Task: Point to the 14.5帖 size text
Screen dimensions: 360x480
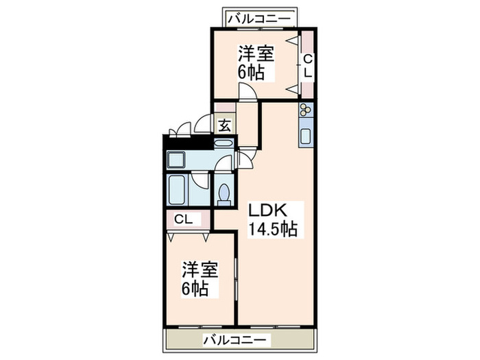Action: click(x=272, y=230)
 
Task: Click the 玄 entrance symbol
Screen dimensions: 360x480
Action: click(x=224, y=125)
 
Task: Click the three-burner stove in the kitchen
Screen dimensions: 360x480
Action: click(x=306, y=110)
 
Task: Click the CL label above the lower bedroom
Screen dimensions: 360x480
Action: click(x=183, y=219)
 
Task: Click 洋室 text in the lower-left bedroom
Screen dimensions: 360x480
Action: click(x=200, y=269)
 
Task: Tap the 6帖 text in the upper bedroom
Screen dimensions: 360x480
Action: click(x=251, y=72)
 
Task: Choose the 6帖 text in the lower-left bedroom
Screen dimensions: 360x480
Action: click(x=195, y=288)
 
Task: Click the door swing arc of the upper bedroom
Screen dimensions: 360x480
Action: click(x=248, y=92)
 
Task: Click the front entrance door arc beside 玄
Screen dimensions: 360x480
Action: click(x=204, y=124)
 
